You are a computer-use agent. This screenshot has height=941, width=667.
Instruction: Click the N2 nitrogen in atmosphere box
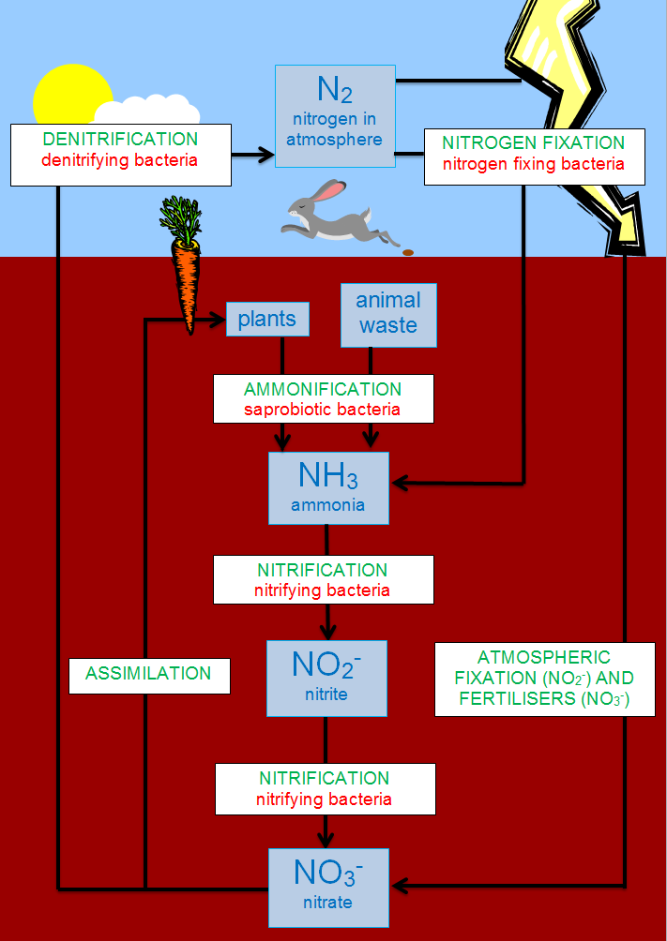335,116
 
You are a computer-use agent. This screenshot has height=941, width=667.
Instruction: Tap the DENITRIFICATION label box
120,155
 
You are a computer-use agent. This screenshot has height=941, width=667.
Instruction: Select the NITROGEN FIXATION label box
533,155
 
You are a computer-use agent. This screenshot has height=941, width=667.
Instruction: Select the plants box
267,320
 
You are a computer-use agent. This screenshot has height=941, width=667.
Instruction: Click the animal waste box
388,313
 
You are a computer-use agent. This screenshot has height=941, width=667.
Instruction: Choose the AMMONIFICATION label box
323,398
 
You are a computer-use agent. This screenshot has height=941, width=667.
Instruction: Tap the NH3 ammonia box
327,487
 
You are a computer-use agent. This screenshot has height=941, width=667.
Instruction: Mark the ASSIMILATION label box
149,674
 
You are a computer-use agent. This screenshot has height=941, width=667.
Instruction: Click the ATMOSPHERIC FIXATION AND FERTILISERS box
544,680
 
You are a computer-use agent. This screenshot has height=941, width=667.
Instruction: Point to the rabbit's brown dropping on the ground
407,252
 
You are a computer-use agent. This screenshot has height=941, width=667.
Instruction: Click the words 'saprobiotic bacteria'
323,410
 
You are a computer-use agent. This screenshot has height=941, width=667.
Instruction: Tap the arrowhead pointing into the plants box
220,321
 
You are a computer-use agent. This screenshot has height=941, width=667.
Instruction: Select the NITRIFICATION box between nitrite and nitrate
326,788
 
